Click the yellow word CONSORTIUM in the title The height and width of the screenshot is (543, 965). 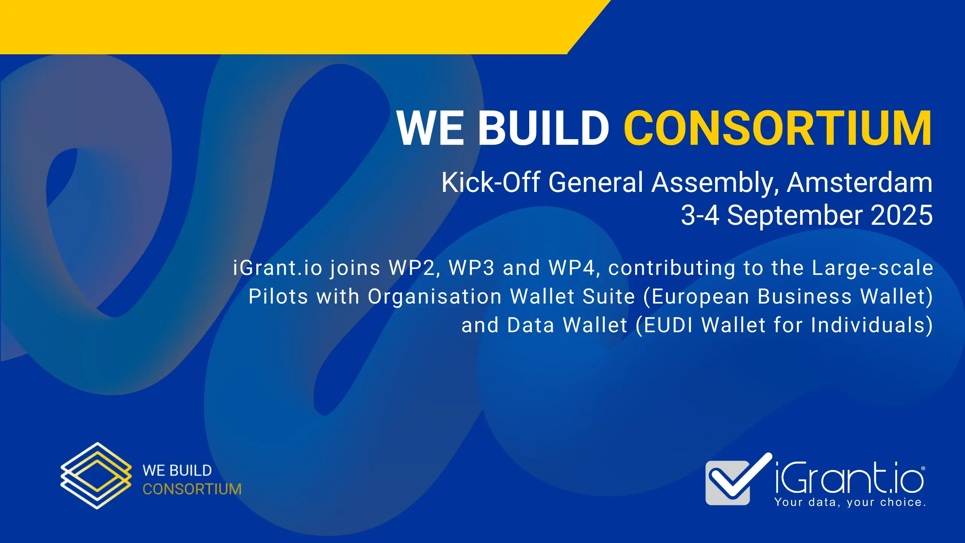click(x=778, y=128)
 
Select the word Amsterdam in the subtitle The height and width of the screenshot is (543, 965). click(x=859, y=183)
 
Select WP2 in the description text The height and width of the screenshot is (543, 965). click(x=414, y=268)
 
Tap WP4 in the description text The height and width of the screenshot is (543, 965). click(x=574, y=268)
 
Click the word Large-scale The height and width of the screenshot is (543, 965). click(x=872, y=268)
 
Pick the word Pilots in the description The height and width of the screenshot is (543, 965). click(x=278, y=297)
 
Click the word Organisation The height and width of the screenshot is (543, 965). click(x=434, y=297)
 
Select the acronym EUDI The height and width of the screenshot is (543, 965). click(x=668, y=325)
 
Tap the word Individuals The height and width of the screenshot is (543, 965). click(x=868, y=325)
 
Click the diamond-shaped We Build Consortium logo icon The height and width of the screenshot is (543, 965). click(x=96, y=476)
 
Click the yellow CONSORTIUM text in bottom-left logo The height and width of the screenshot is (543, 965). click(x=192, y=489)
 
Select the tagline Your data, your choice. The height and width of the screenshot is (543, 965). click(x=850, y=503)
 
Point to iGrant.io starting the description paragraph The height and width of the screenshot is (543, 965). click(x=277, y=268)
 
